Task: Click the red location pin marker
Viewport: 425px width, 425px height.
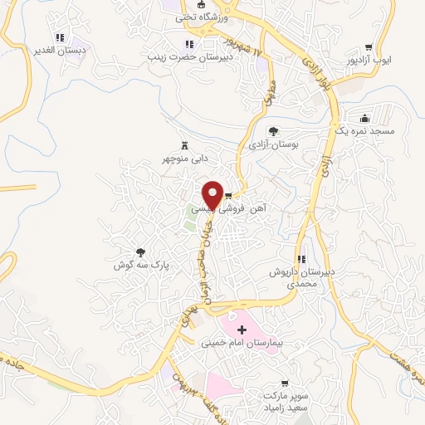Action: (x=213, y=194)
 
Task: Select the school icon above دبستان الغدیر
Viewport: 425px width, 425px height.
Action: (x=59, y=37)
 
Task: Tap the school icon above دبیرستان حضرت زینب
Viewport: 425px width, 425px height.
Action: (x=189, y=44)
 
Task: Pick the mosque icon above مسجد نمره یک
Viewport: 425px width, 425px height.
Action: (x=364, y=118)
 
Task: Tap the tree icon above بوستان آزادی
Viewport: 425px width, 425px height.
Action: (x=273, y=130)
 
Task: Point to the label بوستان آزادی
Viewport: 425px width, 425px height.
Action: (x=273, y=144)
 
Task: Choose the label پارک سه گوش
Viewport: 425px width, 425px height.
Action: (x=141, y=266)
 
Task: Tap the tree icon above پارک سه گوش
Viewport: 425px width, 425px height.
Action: (x=141, y=252)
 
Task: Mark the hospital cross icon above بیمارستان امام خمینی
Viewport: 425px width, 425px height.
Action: (x=242, y=330)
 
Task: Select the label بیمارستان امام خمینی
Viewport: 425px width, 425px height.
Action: (x=242, y=343)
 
